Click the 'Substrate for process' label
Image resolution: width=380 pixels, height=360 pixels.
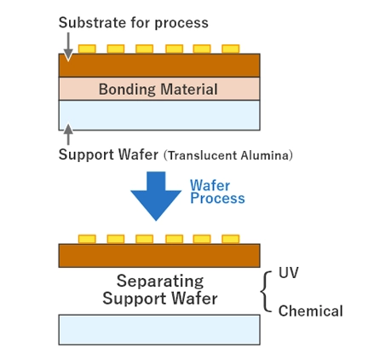(x=133, y=22)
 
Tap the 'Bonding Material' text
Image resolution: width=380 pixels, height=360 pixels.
(x=158, y=90)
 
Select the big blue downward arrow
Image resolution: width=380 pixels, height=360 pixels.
(x=155, y=195)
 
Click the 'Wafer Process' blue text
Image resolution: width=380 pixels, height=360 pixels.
(x=216, y=192)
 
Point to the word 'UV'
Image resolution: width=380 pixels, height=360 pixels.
(x=288, y=273)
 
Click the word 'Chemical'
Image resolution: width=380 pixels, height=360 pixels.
(x=310, y=311)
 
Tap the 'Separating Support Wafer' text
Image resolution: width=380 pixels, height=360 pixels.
(x=159, y=290)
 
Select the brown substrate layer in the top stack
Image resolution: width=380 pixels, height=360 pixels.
(x=158, y=65)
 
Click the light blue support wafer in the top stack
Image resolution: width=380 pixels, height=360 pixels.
(x=158, y=115)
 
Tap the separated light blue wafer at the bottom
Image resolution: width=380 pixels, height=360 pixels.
(x=158, y=329)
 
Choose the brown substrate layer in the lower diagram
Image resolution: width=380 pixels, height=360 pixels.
(x=158, y=255)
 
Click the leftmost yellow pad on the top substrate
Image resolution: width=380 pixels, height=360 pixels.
(x=87, y=49)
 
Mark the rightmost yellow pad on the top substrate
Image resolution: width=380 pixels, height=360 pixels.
(x=230, y=49)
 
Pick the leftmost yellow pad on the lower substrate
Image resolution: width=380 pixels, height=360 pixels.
(x=87, y=239)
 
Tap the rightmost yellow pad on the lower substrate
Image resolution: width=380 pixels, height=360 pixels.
(x=230, y=239)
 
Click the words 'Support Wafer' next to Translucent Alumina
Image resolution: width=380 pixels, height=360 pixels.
(x=108, y=155)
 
